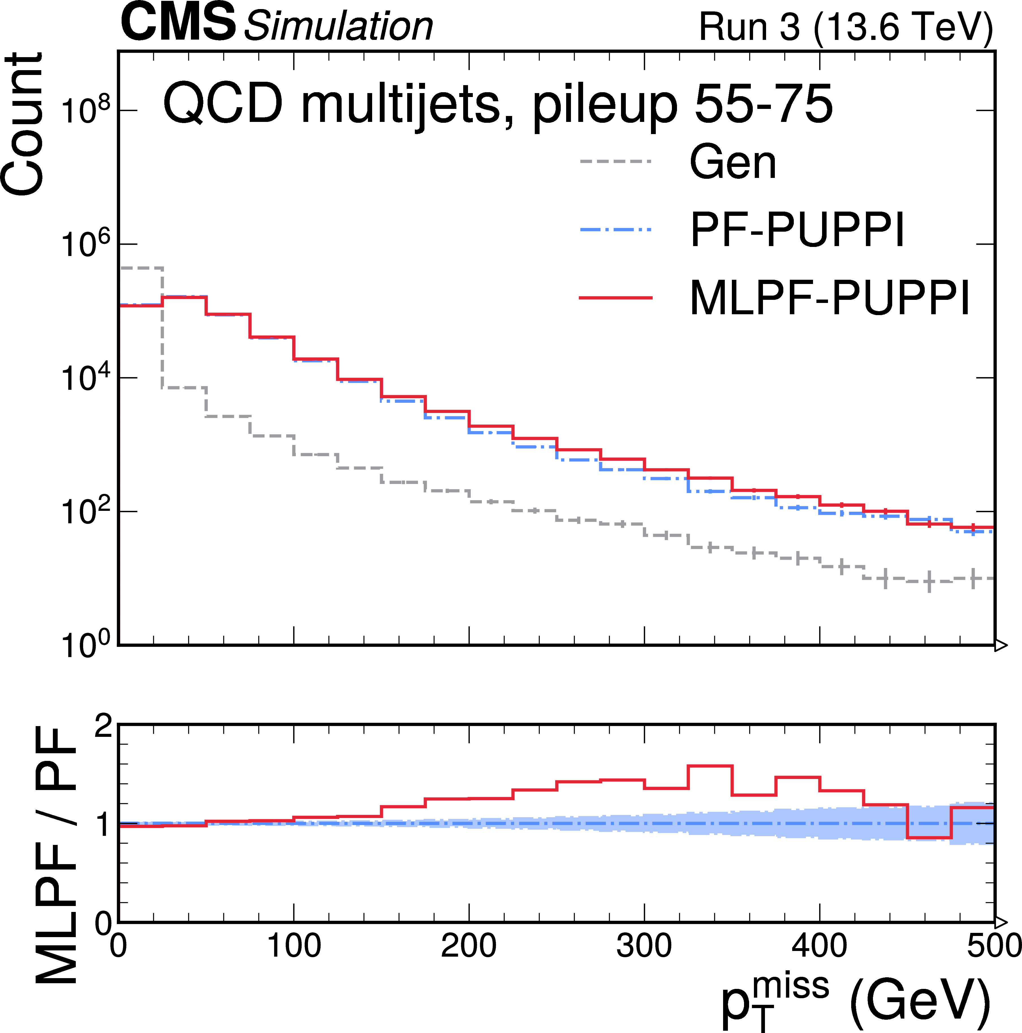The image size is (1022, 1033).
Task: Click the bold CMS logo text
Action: tap(178, 22)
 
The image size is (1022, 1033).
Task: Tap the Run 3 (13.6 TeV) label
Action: tap(846, 27)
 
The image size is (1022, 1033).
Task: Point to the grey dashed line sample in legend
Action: tap(616, 161)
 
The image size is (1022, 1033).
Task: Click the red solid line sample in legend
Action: tap(616, 297)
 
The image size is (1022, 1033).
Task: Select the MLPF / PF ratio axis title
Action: tap(56, 855)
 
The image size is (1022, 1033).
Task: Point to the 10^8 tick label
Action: tap(85, 111)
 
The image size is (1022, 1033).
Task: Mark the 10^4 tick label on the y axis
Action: tap(85, 378)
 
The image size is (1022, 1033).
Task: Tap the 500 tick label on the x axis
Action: tap(993, 945)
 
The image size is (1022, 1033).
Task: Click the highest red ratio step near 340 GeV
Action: tap(710, 766)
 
